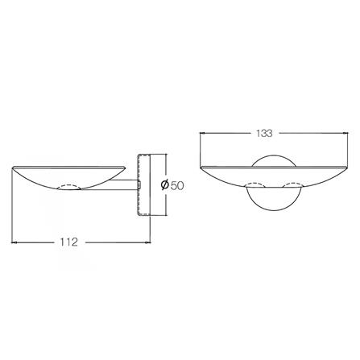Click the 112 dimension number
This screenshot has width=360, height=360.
(68, 242)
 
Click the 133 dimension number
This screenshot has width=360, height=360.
(264, 133)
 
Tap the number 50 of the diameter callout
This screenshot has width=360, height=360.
(177, 185)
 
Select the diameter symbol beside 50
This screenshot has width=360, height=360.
(165, 185)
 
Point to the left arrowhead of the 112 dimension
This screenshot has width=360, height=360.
(14, 242)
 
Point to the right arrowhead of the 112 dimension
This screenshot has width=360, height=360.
(147, 242)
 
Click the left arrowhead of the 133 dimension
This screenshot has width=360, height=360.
(203, 133)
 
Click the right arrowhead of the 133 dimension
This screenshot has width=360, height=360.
(346, 133)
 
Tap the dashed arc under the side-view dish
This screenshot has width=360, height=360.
(69, 186)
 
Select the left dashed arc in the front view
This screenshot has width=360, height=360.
(257, 184)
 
